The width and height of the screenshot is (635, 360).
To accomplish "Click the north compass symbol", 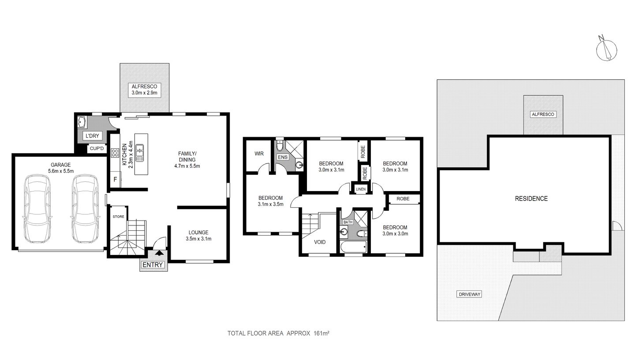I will [x=606, y=49].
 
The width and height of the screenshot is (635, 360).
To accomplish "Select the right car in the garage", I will [x=84, y=209].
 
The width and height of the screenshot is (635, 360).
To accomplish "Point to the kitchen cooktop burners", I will [x=115, y=153].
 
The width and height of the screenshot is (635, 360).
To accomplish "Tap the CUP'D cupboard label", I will [x=96, y=149].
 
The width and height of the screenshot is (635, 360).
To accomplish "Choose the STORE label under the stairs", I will [x=118, y=217].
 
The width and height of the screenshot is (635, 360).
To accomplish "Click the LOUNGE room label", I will [x=198, y=232].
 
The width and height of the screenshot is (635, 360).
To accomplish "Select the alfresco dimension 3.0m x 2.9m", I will [x=144, y=93].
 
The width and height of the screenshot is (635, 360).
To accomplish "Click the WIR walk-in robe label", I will [x=259, y=154].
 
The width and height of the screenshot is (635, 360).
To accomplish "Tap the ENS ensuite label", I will [x=282, y=157].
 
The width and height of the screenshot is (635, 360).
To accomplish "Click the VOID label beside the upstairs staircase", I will [x=319, y=242].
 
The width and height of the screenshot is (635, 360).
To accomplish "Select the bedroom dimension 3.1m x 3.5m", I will [x=270, y=204].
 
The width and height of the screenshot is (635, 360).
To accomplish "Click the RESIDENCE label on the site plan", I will [x=531, y=199].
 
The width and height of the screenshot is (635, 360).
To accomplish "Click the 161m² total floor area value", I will [x=321, y=333].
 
